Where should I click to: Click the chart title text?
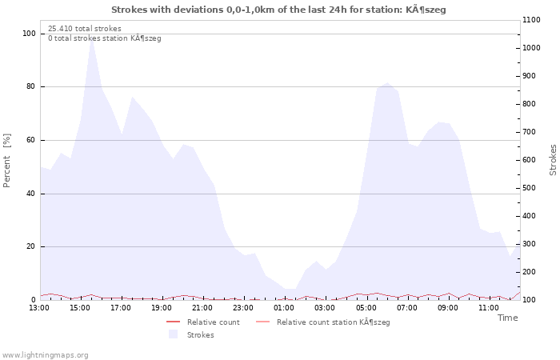(278, 10)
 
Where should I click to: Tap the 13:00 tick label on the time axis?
(39, 308)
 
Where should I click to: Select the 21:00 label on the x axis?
(202, 308)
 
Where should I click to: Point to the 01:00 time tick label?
(284, 308)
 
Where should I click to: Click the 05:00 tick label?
(366, 308)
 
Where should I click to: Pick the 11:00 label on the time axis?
(489, 308)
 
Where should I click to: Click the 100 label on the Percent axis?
(29, 34)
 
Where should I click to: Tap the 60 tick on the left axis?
(31, 140)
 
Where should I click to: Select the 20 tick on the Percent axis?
(31, 246)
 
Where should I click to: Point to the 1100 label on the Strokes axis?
(531, 20)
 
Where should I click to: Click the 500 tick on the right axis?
(529, 188)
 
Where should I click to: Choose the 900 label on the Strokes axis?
(529, 76)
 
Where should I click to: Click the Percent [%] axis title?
(6, 160)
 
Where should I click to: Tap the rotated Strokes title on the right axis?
(553, 160)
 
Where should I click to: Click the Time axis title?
(507, 318)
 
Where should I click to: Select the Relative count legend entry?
(203, 322)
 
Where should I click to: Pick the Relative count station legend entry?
(323, 322)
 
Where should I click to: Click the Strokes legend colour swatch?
(174, 334)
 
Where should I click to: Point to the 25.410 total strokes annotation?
(85, 29)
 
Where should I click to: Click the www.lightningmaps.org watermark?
(44, 355)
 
